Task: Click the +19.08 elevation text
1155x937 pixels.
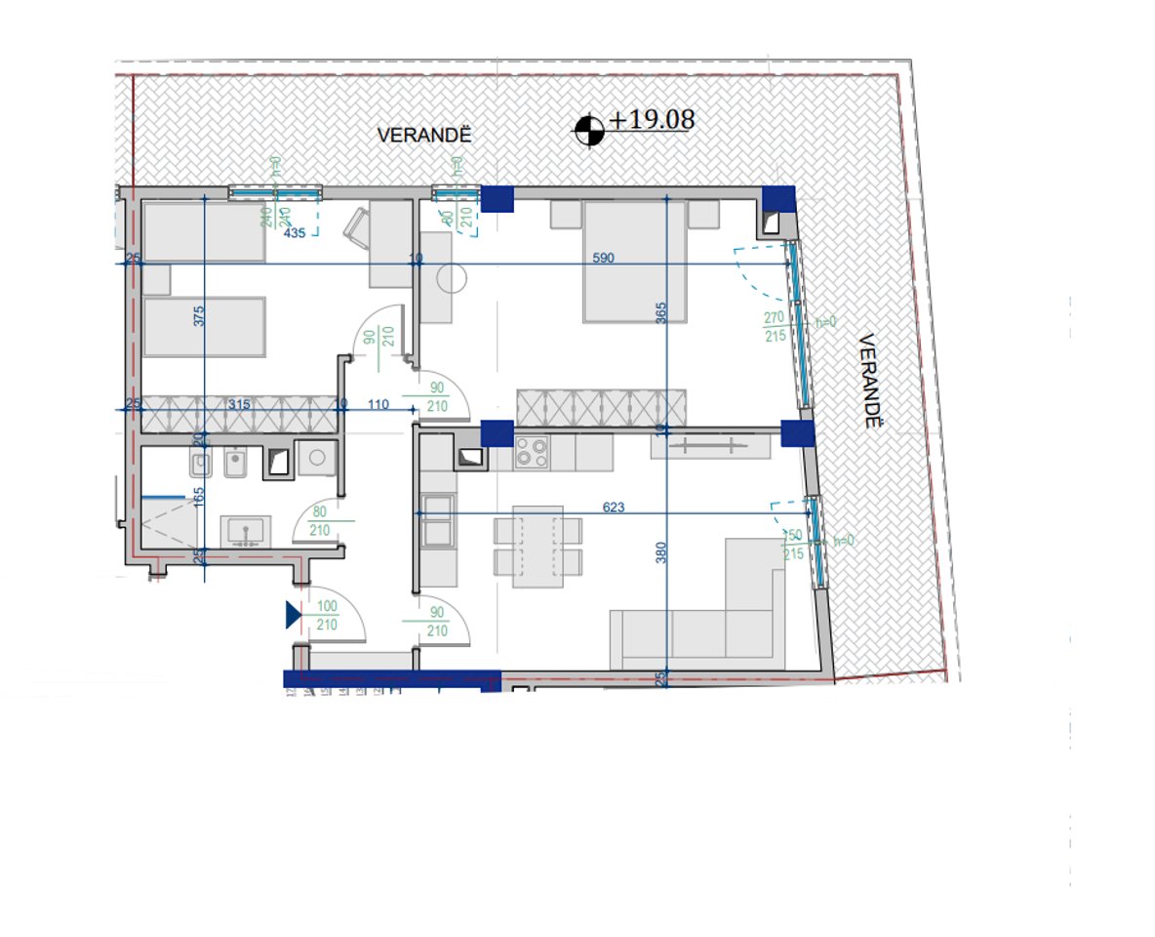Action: pos(652,120)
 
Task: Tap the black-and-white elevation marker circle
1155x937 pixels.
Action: pos(588,129)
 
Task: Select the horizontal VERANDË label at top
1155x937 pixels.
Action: pos(424,136)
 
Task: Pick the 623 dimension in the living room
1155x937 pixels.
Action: pos(614,507)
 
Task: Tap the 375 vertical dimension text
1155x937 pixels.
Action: pos(199,316)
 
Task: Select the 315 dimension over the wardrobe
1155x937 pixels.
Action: pos(239,404)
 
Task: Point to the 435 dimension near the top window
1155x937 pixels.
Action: pos(295,233)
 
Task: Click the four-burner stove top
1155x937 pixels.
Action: pos(532,452)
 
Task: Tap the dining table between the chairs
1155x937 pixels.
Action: pos(538,547)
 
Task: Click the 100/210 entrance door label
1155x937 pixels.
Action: pos(327,616)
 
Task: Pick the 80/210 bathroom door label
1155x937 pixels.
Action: pos(319,522)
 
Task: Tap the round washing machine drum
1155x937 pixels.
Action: pos(316,457)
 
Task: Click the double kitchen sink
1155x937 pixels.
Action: pos(437,519)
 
